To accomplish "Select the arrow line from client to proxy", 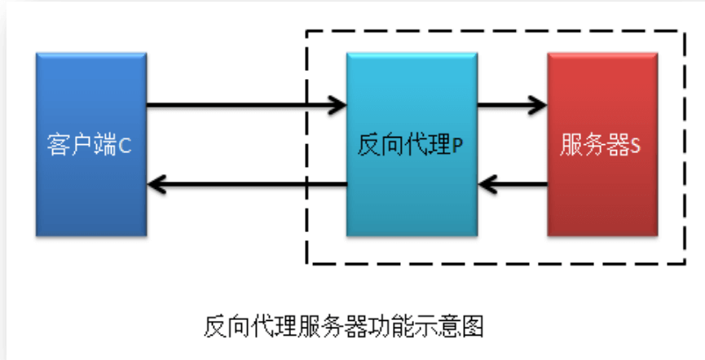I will (x=245, y=104).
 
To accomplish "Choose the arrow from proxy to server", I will (x=509, y=104).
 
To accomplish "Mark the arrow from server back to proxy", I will (x=518, y=185).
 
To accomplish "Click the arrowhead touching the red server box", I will (x=538, y=104).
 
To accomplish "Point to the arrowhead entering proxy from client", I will (x=337, y=104).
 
